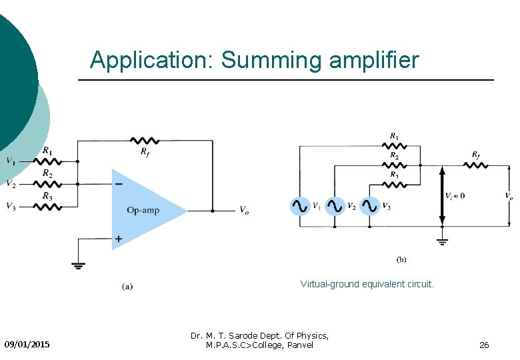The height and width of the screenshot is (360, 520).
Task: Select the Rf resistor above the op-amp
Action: (144, 141)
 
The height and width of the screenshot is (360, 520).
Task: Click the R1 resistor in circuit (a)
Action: (47, 161)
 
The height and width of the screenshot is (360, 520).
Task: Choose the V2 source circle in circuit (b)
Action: (335, 206)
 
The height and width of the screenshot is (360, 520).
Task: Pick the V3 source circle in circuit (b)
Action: (369, 206)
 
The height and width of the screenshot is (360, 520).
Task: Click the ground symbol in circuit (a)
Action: (78, 265)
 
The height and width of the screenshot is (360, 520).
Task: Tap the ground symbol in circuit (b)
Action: (441, 241)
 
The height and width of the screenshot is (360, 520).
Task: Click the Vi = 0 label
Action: (455, 195)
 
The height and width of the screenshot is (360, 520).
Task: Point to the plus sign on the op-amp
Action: (118, 238)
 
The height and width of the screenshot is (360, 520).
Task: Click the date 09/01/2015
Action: (27, 345)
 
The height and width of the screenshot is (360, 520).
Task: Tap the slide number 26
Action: (484, 345)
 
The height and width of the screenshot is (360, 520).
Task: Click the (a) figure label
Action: (127, 287)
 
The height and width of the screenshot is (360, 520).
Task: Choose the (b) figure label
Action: (401, 259)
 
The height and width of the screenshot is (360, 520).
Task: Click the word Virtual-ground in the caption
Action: (329, 284)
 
